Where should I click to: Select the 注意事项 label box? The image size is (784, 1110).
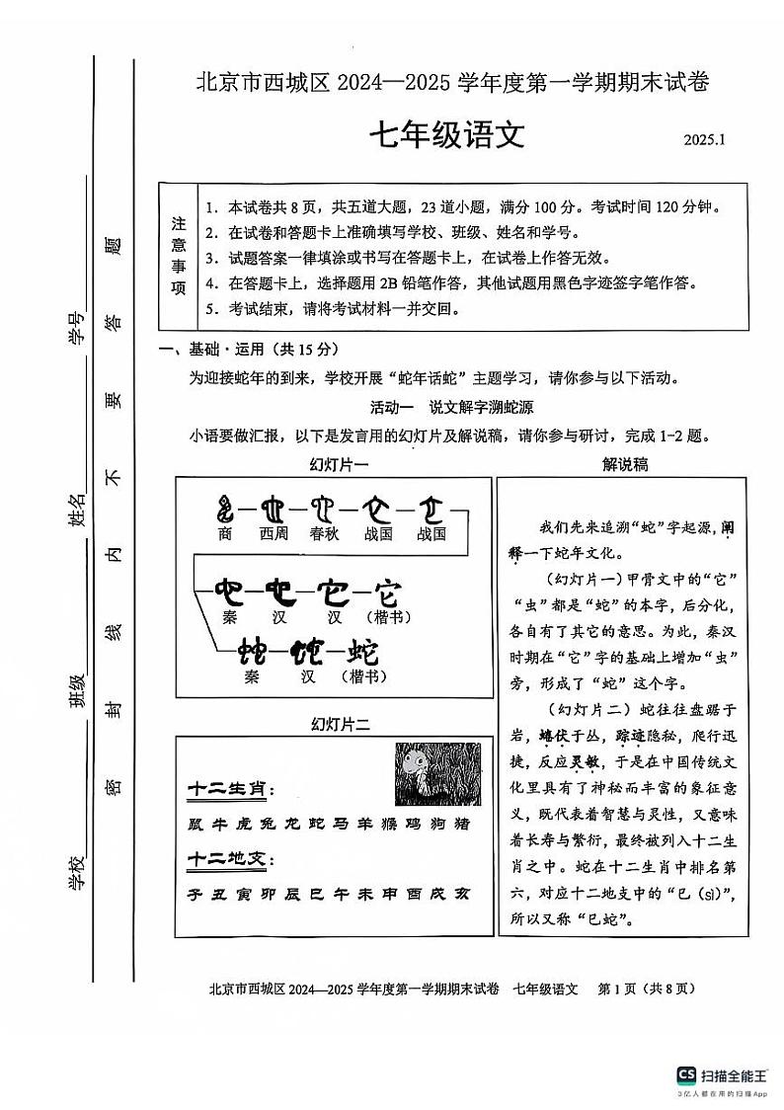click(179, 256)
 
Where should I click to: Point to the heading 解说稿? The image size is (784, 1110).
click(624, 464)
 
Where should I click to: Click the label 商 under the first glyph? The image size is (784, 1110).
click(226, 534)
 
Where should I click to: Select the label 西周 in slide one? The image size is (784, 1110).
click(274, 534)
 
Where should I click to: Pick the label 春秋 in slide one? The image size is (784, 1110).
click(325, 534)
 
